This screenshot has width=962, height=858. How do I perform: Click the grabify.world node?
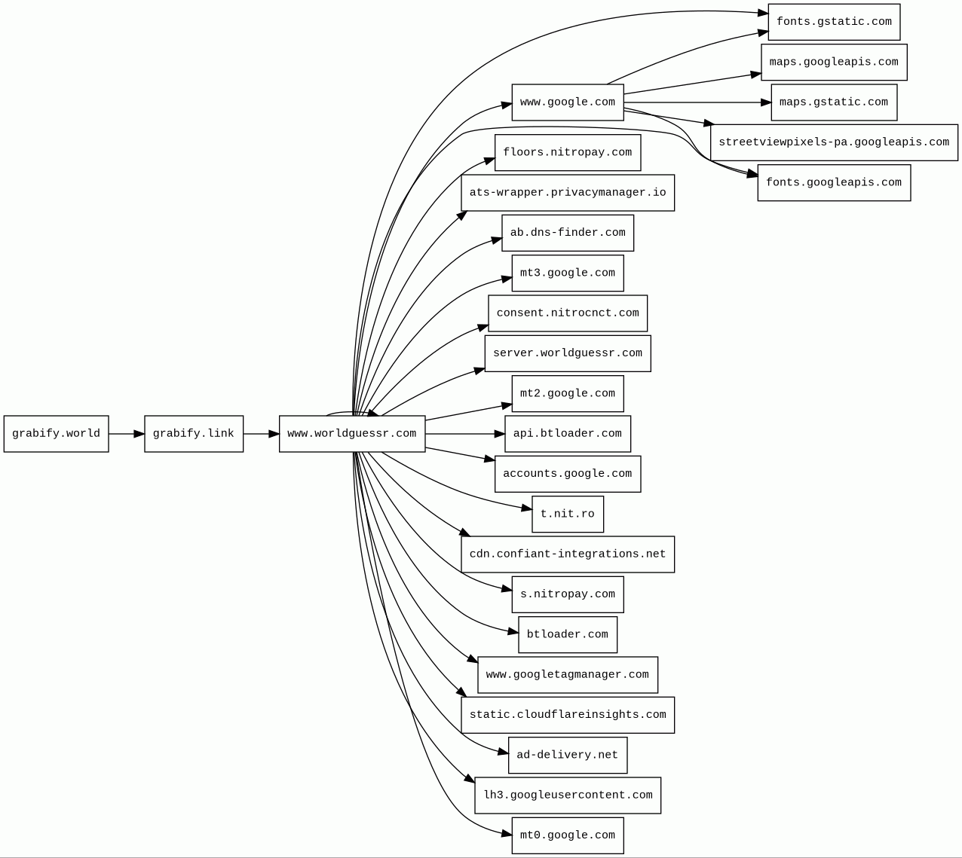[x=56, y=434]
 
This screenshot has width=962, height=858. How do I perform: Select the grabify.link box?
[x=194, y=434]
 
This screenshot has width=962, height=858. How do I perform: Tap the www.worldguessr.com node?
[x=352, y=434]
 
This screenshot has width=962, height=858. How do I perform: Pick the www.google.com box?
[x=568, y=102]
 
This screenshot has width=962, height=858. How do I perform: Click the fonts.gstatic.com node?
[x=834, y=22]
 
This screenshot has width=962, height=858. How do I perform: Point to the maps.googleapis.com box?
[x=834, y=62]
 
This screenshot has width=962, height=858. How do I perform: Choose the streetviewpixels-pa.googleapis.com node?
[x=834, y=142]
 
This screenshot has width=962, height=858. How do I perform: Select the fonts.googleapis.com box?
[x=834, y=183]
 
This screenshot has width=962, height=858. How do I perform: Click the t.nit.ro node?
[x=568, y=514]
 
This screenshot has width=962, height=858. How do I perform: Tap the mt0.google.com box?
[x=568, y=835]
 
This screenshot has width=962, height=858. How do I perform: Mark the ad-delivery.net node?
[x=568, y=756]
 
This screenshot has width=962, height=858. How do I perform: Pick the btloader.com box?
[x=568, y=634]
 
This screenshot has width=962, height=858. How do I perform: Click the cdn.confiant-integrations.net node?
[x=568, y=554]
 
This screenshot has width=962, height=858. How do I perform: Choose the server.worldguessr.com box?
[x=568, y=353]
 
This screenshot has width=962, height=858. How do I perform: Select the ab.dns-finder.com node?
[x=568, y=233]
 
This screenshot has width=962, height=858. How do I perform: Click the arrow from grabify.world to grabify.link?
[x=126, y=434]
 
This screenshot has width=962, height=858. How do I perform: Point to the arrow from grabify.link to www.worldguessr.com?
[x=261, y=434]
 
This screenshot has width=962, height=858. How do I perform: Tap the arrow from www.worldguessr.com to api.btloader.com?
[x=464, y=434]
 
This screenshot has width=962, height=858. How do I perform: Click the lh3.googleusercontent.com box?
[x=568, y=795]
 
